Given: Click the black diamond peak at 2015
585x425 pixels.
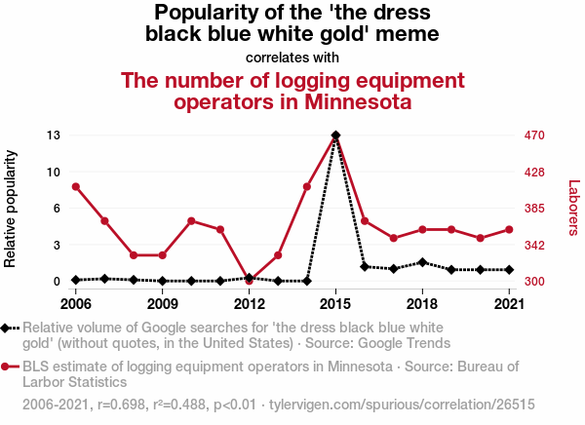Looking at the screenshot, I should [x=335, y=135].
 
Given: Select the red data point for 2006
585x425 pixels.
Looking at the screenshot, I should [x=76, y=186].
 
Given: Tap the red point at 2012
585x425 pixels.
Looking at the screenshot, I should [x=250, y=282].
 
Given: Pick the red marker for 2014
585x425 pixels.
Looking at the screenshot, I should [x=307, y=186].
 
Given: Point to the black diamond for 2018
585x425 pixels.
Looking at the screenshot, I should [x=422, y=262].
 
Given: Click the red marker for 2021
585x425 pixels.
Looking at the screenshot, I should [x=509, y=230].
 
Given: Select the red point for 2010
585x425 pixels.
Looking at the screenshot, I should [x=191, y=221].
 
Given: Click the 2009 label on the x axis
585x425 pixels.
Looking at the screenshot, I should [x=163, y=301].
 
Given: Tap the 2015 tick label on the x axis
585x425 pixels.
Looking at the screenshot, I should [x=335, y=301].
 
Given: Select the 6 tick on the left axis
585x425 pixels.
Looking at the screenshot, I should [x=57, y=209].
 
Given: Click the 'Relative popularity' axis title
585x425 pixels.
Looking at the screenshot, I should [x=12, y=209].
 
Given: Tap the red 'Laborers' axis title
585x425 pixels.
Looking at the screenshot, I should [x=573, y=208].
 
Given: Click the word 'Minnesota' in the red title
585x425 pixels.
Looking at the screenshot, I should [x=357, y=100].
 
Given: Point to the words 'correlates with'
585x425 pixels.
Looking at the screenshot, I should [x=292, y=58].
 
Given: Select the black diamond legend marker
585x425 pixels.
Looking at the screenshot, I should [x=8, y=328].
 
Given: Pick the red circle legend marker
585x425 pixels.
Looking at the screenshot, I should [x=8, y=367].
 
